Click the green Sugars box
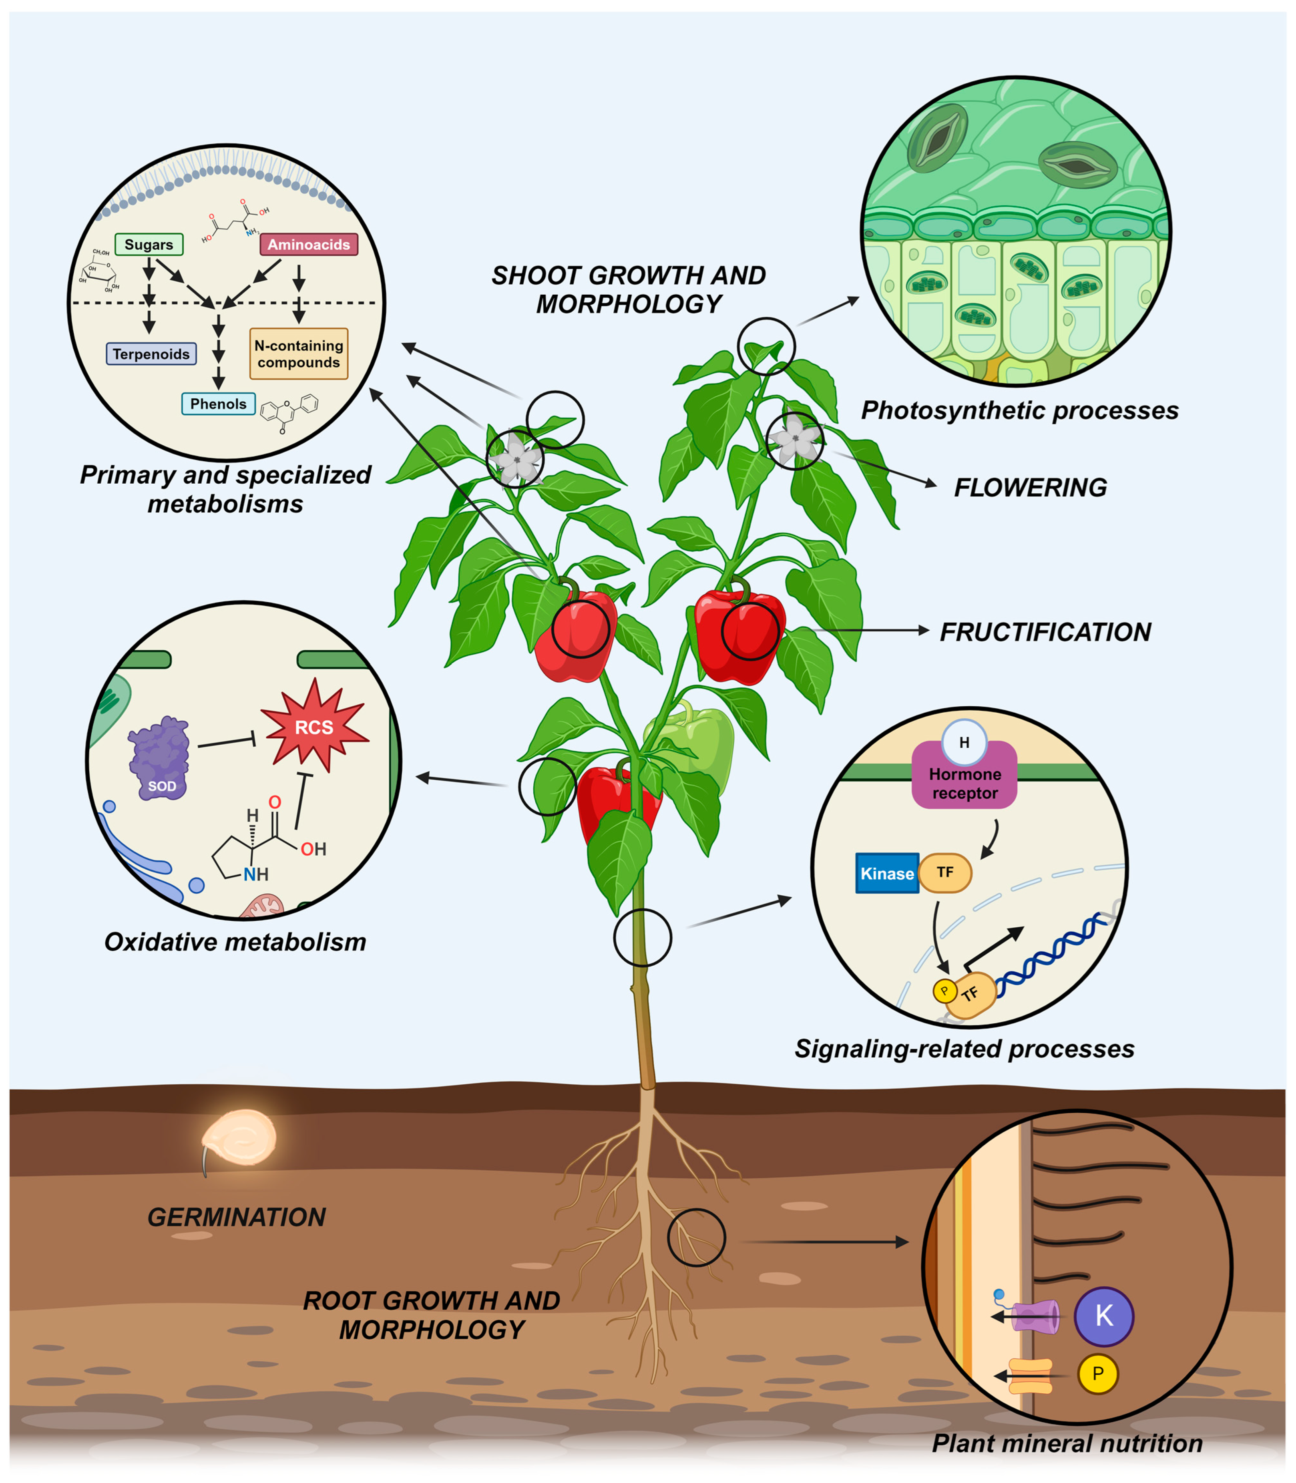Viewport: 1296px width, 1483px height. (x=149, y=244)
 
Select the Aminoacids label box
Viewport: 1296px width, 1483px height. (x=309, y=244)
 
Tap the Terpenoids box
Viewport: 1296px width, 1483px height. (x=151, y=354)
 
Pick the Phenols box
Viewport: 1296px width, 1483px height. (x=219, y=404)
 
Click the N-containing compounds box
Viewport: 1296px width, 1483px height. (x=299, y=354)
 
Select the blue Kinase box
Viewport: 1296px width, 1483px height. (x=887, y=874)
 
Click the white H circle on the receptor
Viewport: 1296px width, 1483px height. (x=964, y=743)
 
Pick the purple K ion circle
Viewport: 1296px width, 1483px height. (x=1104, y=1316)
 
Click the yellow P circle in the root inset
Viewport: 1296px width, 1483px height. (x=1098, y=1374)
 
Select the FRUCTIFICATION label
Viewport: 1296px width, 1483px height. (x=1045, y=632)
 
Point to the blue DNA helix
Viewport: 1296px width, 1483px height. (x=1049, y=955)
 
